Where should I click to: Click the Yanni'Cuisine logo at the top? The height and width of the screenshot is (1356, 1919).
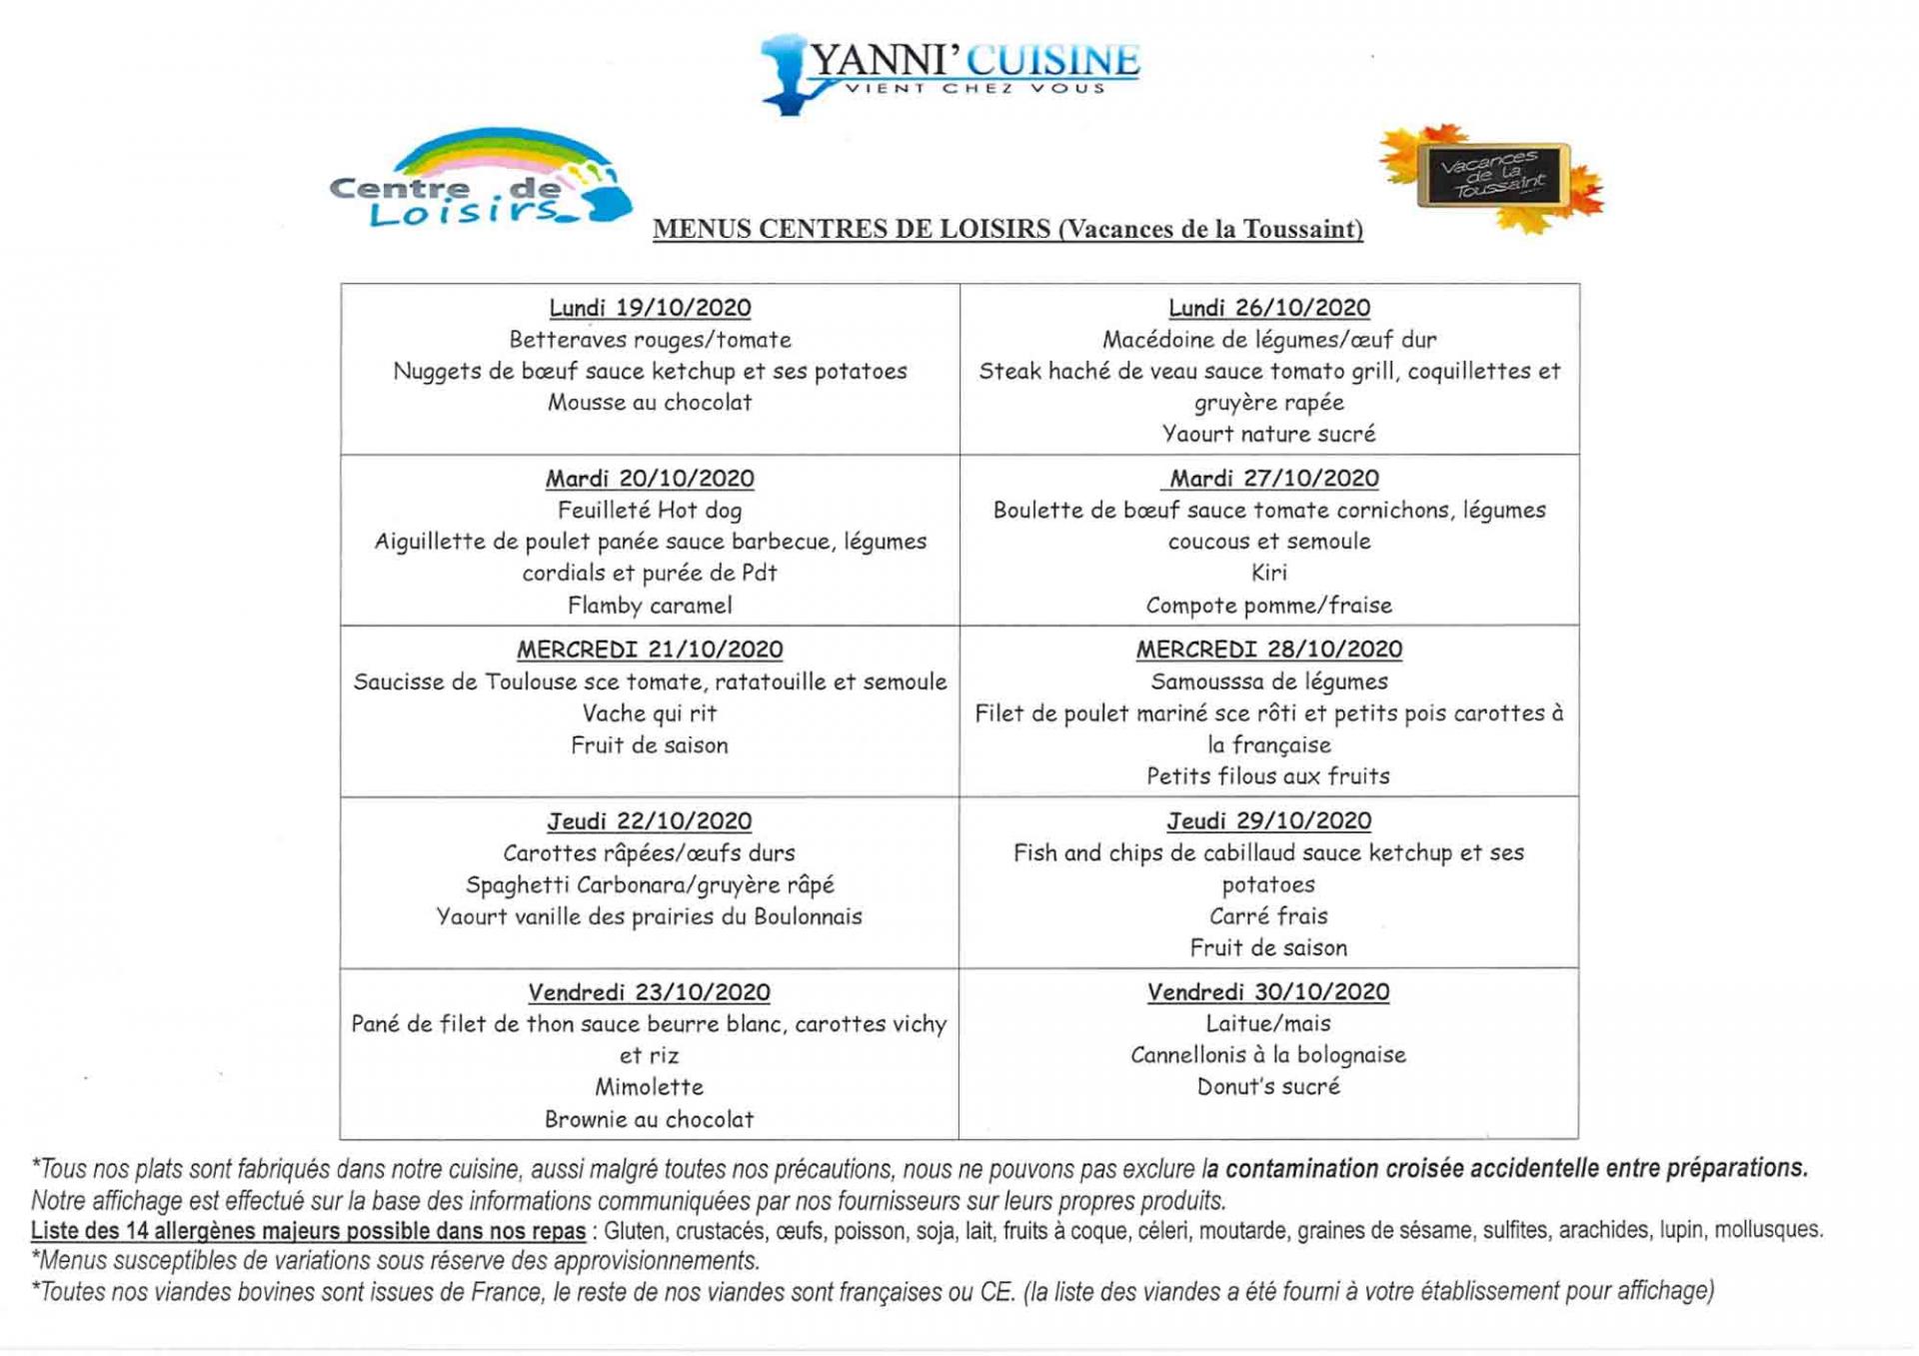point(950,72)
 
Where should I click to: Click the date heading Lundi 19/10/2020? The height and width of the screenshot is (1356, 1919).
point(650,308)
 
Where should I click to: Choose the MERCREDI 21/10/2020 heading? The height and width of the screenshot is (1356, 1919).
point(650,650)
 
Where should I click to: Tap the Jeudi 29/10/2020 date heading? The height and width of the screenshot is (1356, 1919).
point(1268,820)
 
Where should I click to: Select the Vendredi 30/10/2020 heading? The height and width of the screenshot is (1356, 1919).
point(1267,992)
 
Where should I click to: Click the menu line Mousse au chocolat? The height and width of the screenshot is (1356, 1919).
point(650,403)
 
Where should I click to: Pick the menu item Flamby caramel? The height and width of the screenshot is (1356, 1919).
point(650,606)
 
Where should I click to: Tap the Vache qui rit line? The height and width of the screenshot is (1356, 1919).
point(650,713)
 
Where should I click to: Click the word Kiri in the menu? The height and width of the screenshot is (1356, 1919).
point(1268,573)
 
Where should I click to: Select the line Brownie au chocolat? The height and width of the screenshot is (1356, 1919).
point(650,1119)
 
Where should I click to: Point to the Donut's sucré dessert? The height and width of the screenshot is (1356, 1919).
point(1267,1086)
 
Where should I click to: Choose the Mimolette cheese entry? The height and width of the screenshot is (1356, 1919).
point(650,1087)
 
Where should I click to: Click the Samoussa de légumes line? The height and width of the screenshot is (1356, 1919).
point(1268,681)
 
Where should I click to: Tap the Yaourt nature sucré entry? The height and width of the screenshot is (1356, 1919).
point(1268,434)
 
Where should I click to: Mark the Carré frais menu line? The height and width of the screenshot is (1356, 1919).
point(1268,916)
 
